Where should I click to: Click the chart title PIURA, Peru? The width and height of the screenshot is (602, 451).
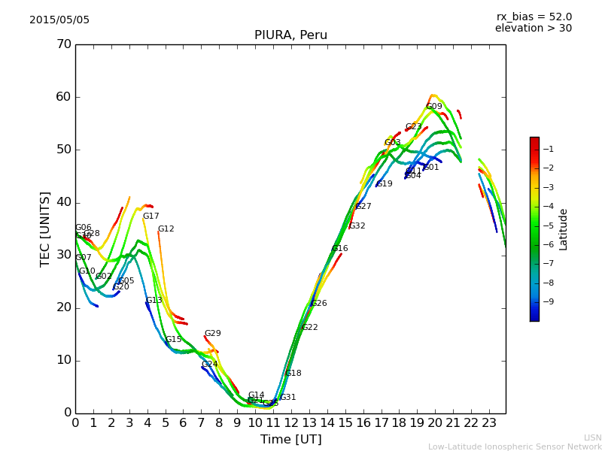pos(290,35)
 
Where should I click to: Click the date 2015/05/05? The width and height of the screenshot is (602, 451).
pos(59,20)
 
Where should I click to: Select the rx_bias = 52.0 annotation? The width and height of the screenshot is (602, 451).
pos(534,17)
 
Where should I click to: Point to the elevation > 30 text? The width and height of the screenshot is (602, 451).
pos(533,29)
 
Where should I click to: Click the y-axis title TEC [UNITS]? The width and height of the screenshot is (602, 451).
pos(45,229)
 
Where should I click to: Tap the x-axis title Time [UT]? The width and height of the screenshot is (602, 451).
pos(290,440)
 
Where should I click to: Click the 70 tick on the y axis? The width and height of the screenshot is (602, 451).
pos(63,44)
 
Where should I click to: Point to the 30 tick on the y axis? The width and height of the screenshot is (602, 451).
pos(63,255)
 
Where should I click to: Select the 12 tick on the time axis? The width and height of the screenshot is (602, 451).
pos(291,423)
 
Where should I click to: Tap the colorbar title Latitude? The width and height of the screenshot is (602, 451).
pos(564,229)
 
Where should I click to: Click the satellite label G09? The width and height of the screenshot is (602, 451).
pos(434,107)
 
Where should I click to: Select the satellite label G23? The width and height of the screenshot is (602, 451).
pos(413,127)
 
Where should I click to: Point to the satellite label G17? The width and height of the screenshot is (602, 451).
pos(151,216)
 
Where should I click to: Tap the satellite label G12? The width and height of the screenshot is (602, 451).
pos(166,229)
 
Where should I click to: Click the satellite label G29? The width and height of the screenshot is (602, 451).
pos(213,334)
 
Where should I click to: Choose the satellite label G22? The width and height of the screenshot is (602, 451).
pos(309,328)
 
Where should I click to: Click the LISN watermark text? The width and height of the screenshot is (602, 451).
pos(592,437)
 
